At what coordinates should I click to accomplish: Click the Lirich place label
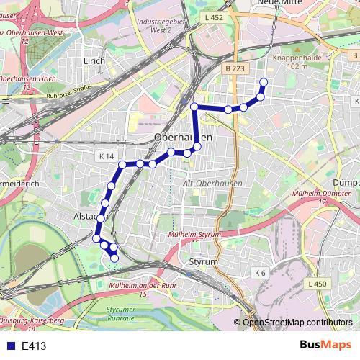coord(94,61)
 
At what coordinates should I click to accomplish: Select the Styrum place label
coord(202,262)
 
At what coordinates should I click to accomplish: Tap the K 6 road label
coord(259,273)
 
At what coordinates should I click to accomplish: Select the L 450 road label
coord(317,285)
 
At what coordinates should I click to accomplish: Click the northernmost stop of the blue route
coord(264,82)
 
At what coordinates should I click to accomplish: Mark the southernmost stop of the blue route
coord(114,258)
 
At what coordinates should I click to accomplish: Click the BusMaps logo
coord(325,345)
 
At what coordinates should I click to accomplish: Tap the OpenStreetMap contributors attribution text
coord(297,322)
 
